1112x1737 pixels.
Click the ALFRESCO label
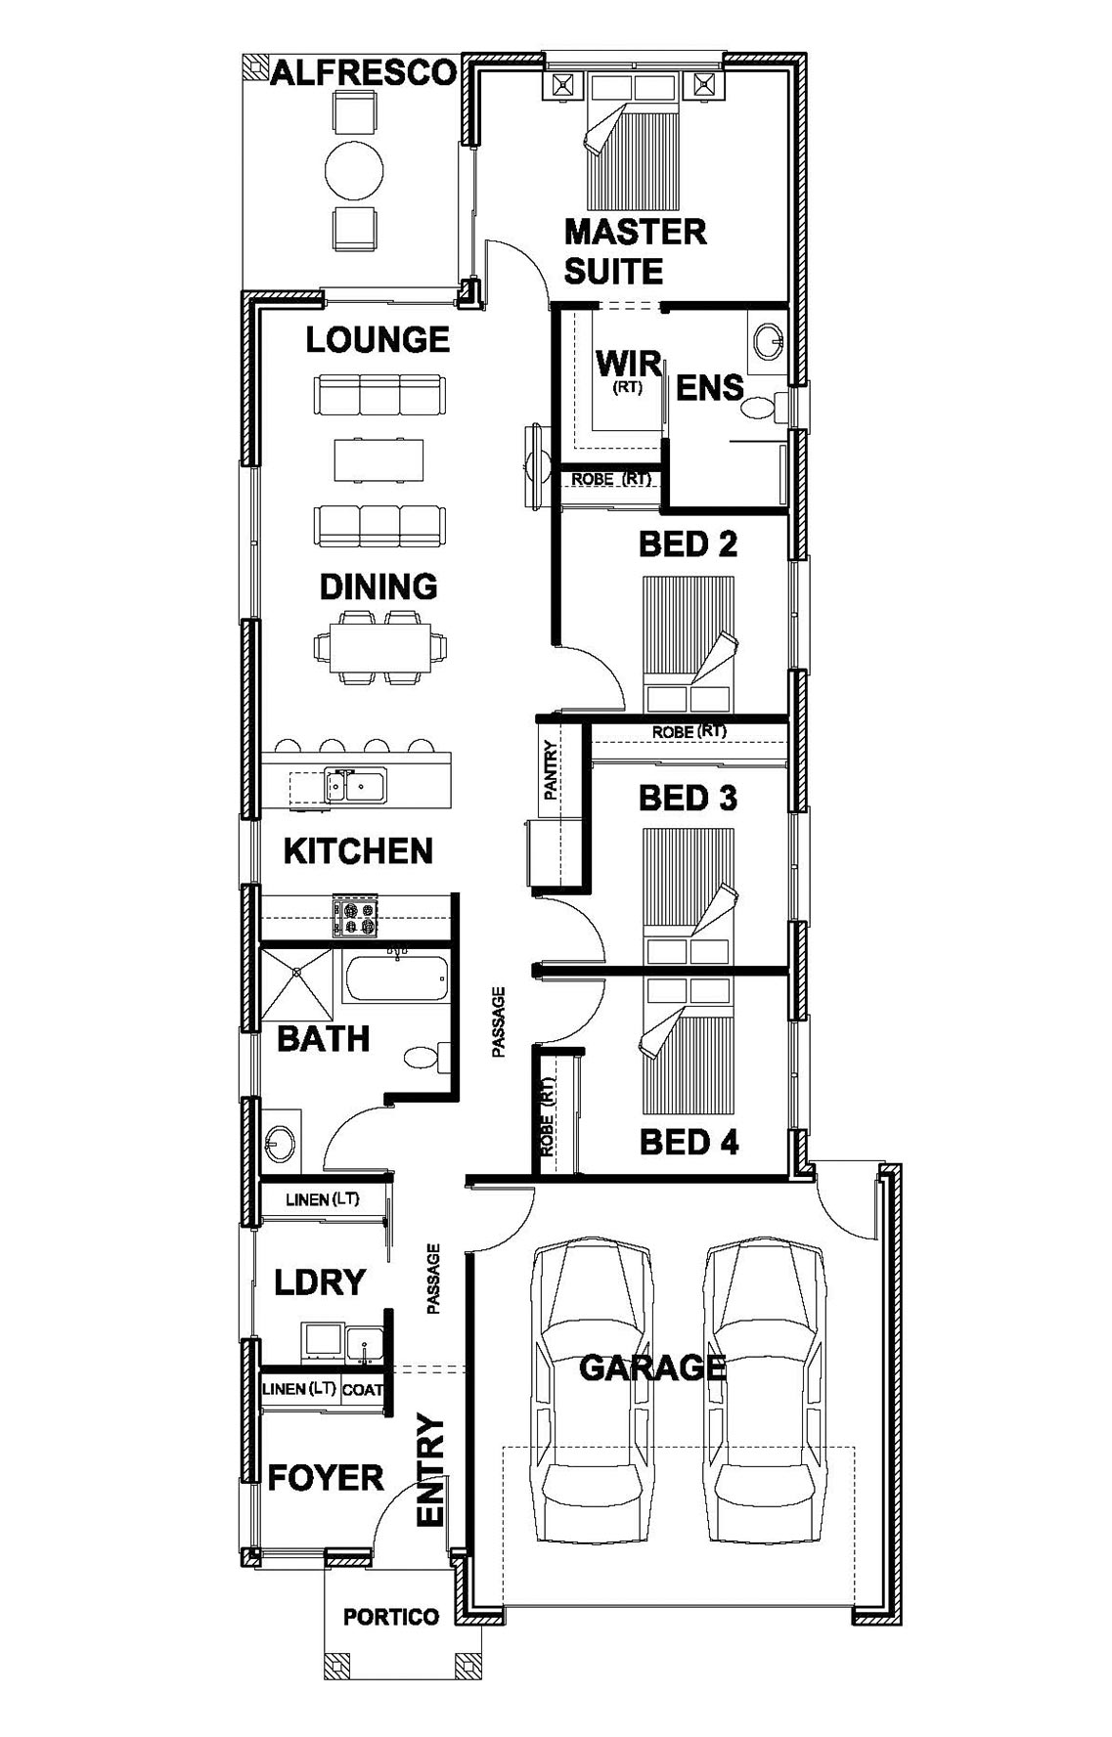click(x=363, y=73)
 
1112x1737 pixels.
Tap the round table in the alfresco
click(x=354, y=174)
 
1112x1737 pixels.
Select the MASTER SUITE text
click(x=635, y=251)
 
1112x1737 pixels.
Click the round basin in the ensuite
click(x=769, y=341)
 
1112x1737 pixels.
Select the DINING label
click(x=378, y=586)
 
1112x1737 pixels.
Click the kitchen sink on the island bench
click(x=355, y=785)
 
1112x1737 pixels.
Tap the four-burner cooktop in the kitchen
click(x=354, y=917)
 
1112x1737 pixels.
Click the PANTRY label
click(x=550, y=771)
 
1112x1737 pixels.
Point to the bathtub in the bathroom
click(x=396, y=978)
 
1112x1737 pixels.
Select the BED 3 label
click(x=688, y=799)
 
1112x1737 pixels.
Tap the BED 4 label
click(x=689, y=1142)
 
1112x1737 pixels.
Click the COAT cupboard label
click(x=362, y=1390)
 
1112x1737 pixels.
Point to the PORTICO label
click(x=391, y=1617)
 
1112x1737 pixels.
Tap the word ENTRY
click(x=431, y=1470)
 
